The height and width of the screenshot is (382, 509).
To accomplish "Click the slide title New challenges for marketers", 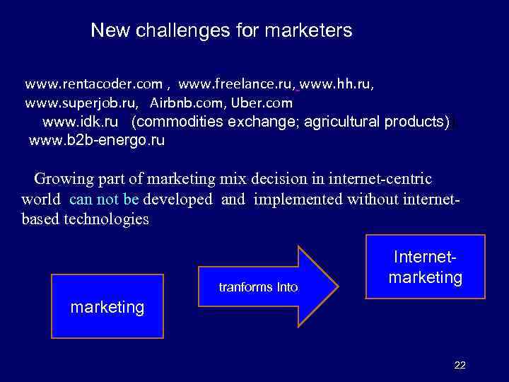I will tap(221, 31).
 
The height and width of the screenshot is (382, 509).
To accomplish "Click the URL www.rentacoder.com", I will tap(93, 84).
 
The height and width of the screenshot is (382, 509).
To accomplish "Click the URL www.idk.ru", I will tap(80, 122).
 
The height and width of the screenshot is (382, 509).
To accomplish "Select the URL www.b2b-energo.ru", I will tap(96, 140).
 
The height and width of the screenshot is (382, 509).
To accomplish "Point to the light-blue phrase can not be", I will tap(104, 199).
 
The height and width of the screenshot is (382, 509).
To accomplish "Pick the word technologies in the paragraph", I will tap(106, 219).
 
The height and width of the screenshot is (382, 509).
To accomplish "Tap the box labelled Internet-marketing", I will tap(426, 266).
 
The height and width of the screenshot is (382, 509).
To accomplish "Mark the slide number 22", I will tap(460, 365).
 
